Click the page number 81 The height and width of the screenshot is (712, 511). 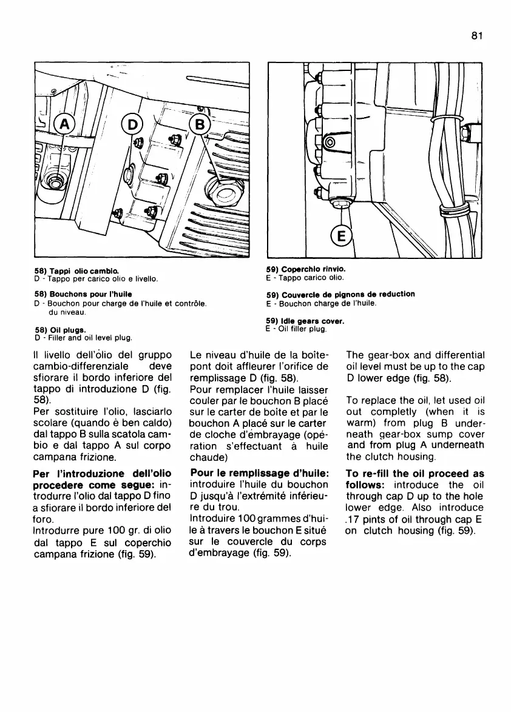(x=476, y=36)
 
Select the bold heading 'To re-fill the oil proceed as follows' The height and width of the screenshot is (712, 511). (x=415, y=479)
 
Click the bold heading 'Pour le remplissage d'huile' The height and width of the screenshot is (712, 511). (x=260, y=472)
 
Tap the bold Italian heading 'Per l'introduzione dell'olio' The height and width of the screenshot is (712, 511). (x=101, y=472)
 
